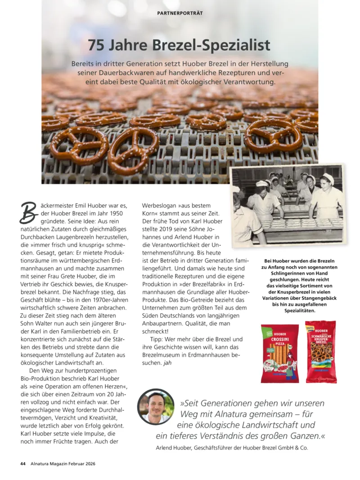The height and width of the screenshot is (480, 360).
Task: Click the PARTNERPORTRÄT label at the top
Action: tap(180, 13)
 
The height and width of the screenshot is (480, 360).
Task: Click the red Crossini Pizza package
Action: tap(280, 354)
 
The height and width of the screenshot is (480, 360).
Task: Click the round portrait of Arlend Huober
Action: tap(156, 407)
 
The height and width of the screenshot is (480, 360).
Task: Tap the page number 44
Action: tap(22, 463)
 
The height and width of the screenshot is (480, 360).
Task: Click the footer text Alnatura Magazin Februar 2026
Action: tap(63, 463)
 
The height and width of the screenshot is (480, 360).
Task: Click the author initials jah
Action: tap(168, 363)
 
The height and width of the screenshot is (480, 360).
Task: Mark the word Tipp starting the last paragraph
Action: tap(158, 339)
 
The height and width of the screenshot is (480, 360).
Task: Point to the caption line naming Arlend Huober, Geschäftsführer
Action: tap(231, 448)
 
